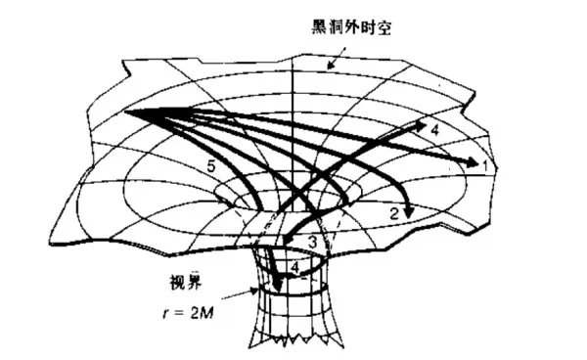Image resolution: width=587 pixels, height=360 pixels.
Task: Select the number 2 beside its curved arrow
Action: [392, 211]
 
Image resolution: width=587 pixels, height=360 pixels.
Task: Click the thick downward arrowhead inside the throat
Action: [279, 284]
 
